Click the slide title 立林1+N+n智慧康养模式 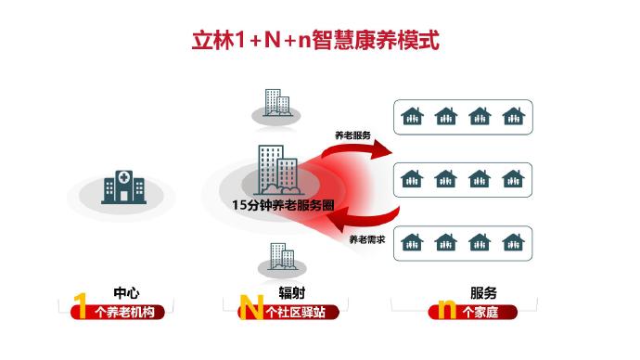pos(319,40)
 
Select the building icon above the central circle pos(274,103)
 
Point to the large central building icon pos(273,172)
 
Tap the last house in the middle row pos(512,179)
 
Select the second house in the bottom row pos(445,242)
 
